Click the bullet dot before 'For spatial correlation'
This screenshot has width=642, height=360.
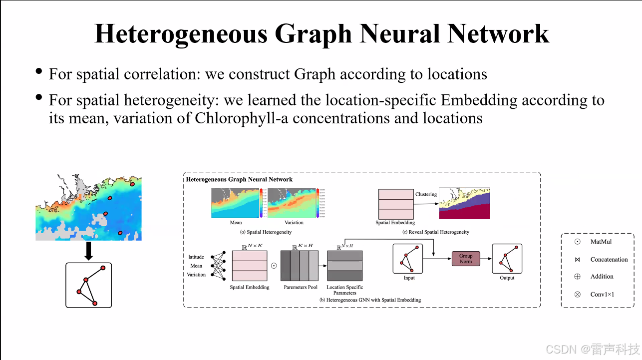click(39, 71)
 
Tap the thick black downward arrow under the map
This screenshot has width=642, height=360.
click(88, 251)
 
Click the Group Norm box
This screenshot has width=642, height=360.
click(465, 259)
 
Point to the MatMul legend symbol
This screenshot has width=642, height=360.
click(577, 242)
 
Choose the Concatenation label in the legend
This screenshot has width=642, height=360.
click(609, 260)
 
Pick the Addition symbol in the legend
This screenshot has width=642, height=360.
click(577, 276)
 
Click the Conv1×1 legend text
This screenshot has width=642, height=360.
click(602, 294)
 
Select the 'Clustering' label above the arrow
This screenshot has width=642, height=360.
click(426, 194)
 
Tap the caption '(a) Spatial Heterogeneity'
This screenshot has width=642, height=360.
click(266, 232)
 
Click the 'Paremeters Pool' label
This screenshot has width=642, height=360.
click(301, 287)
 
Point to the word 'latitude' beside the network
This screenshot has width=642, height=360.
click(196, 257)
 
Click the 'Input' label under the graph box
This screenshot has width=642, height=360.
click(409, 278)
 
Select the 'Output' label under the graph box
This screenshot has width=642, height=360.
click(507, 278)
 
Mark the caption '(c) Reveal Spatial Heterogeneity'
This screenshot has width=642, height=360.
click(436, 232)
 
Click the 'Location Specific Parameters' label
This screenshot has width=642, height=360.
click(344, 290)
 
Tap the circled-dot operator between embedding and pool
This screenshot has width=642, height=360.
click(274, 266)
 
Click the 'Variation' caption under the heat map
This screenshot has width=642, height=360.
click(294, 223)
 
